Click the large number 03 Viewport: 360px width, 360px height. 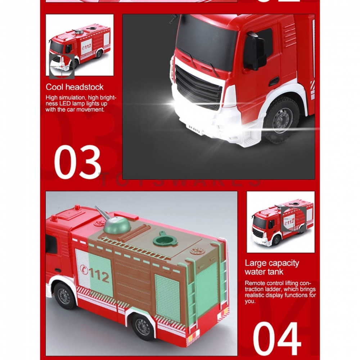(x=77, y=162)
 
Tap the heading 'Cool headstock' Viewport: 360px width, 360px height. (x=75, y=87)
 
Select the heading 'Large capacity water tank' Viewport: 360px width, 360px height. (x=272, y=267)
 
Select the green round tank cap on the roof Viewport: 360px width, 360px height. (x=166, y=239)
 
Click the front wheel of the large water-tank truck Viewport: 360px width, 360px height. (x=65, y=295)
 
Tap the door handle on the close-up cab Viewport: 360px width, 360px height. (x=274, y=81)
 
